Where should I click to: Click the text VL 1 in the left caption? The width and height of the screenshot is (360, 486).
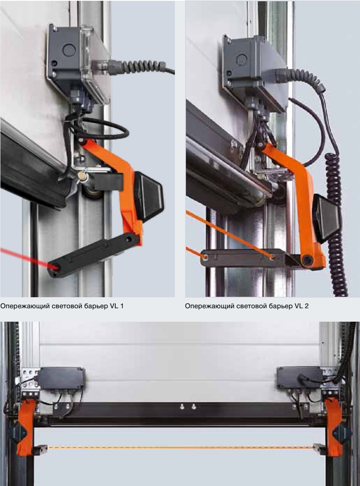[117, 306]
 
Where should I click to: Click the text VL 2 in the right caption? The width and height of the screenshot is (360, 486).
[301, 306]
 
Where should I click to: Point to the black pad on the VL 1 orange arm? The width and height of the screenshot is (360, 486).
[148, 196]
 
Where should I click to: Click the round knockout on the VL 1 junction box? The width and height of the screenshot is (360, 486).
[69, 50]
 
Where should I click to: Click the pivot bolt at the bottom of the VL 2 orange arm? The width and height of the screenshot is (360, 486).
[307, 259]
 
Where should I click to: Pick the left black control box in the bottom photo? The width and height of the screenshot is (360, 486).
[61, 378]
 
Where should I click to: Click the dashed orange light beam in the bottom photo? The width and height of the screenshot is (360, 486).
[180, 448]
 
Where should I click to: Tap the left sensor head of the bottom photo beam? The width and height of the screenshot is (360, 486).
[40, 449]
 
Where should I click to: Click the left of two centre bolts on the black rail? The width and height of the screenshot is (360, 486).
[182, 406]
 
